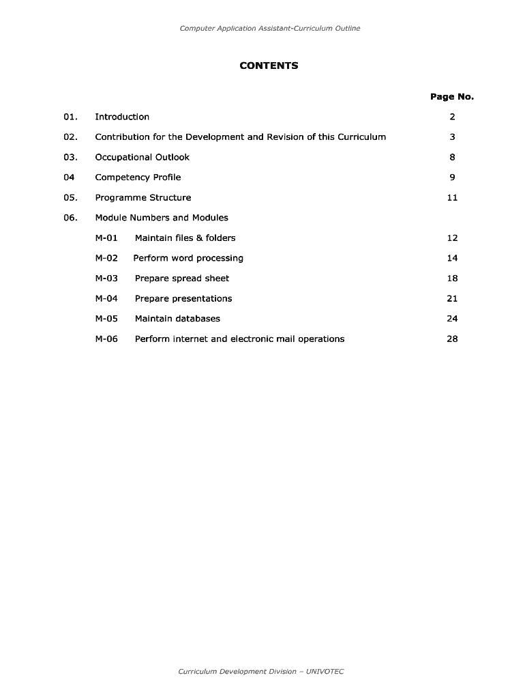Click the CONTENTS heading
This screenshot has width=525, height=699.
coord(269,66)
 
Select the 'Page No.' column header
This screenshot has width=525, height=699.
coord(451,97)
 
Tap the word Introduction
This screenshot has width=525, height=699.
coord(122,117)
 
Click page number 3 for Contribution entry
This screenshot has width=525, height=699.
coord(452,137)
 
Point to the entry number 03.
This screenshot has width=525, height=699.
coord(70,157)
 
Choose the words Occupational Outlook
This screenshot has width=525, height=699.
coord(142,157)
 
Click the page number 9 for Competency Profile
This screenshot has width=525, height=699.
coord(452,177)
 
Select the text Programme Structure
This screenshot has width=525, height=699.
coord(142,198)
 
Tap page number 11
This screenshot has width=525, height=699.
coord(452,198)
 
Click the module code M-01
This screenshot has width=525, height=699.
coord(106,238)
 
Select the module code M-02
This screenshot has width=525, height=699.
coord(106,258)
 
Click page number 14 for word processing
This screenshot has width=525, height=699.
coord(452,258)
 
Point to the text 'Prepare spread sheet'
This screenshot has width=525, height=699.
coord(181,279)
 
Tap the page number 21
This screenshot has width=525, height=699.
coord(452,298)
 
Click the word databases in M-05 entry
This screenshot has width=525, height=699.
coord(198,319)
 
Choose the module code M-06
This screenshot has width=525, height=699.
coord(106,339)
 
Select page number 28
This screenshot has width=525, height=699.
coord(452,339)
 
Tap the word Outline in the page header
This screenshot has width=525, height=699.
coord(346,29)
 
